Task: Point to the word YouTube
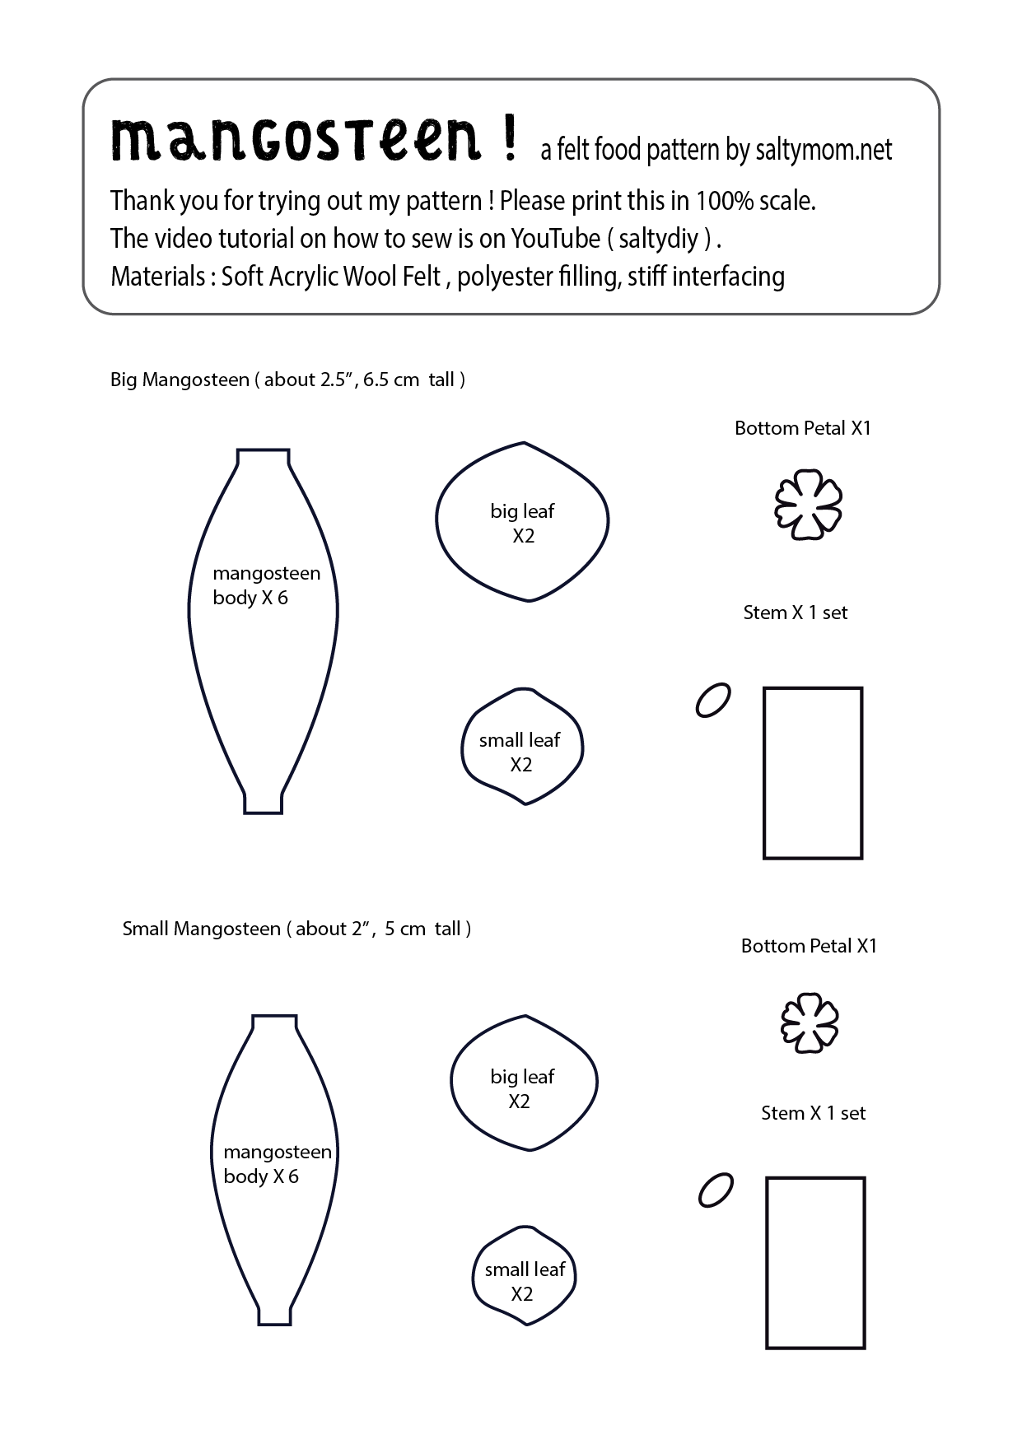556,238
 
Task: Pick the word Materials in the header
157,276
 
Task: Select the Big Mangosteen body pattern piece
264,659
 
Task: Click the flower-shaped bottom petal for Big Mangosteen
809,505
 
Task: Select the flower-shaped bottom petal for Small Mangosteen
810,1022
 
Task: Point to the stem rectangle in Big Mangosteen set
813,773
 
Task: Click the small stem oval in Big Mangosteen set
713,700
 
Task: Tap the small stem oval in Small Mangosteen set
716,1190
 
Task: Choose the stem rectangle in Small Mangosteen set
815,1263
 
